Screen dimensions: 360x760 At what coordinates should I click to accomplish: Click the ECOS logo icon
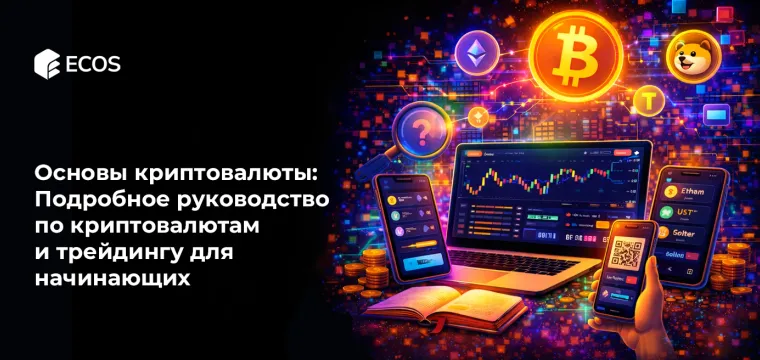coord(45,65)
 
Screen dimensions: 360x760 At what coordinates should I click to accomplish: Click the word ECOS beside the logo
coord(91,65)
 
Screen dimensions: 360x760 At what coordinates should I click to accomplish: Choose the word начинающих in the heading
coord(112,276)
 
